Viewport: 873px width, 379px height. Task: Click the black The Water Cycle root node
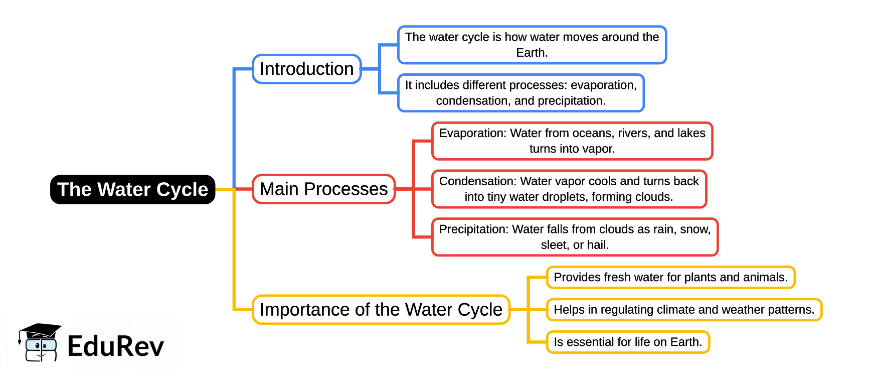(x=132, y=189)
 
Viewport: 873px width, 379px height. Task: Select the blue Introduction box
(x=306, y=69)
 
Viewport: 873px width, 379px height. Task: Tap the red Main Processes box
(x=323, y=189)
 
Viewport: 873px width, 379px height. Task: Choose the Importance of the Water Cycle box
(x=381, y=309)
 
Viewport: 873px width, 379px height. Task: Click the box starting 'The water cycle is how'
(x=532, y=45)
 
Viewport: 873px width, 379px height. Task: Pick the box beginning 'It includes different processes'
(x=520, y=93)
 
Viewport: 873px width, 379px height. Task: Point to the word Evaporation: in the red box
(x=473, y=133)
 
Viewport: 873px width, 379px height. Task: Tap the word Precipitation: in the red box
(x=474, y=229)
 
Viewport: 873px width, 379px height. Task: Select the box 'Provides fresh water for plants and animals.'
(x=670, y=277)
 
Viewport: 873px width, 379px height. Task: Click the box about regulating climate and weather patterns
(x=683, y=310)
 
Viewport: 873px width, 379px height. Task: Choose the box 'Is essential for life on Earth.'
(x=627, y=342)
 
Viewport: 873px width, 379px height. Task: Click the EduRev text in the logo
(x=115, y=346)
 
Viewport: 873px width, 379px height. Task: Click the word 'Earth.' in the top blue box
(x=532, y=53)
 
